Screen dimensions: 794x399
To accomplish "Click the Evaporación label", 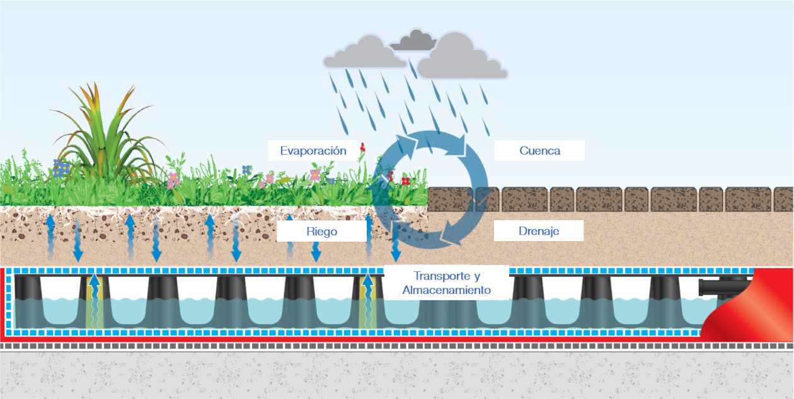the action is pyautogui.click(x=313, y=151).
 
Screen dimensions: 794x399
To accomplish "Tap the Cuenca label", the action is pyautogui.click(x=539, y=150).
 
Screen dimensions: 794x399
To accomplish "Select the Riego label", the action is pyautogui.click(x=321, y=232).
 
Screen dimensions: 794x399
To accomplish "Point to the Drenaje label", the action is pyautogui.click(x=538, y=231).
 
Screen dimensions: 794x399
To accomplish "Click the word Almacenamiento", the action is pyautogui.click(x=446, y=290).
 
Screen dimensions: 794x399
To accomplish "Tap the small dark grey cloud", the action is pyautogui.click(x=413, y=40).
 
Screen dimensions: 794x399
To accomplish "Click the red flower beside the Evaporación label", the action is pyautogui.click(x=362, y=147).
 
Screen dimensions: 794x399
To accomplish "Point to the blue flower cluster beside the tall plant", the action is pyautogui.click(x=61, y=168).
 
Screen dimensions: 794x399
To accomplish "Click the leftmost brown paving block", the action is pyautogui.click(x=450, y=199).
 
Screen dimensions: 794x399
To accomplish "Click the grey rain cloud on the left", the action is pyautogui.click(x=364, y=52).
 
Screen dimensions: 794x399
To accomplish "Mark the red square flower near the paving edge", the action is pyautogui.click(x=405, y=181).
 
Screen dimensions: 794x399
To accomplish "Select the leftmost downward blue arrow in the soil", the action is pyautogui.click(x=78, y=241).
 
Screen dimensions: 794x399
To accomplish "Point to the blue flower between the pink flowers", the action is pyautogui.click(x=246, y=169).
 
